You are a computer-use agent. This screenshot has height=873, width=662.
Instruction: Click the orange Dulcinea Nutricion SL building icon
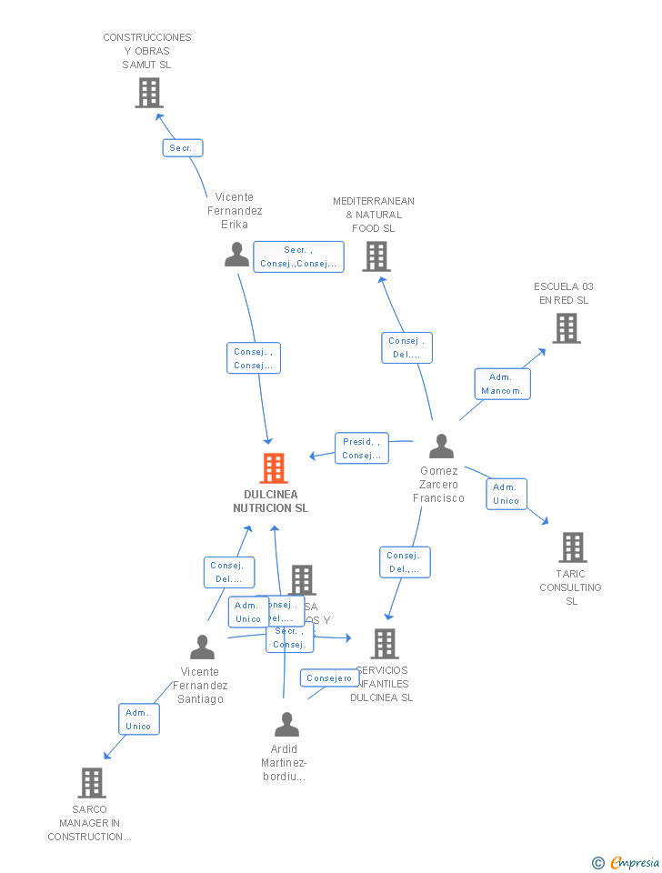pos(273,468)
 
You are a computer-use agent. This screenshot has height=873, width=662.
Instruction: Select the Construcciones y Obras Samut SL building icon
pos(149,93)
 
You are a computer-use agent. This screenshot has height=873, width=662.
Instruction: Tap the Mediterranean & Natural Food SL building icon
pos(376,256)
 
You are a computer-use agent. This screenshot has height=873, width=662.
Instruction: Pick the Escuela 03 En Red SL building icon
pos(566,328)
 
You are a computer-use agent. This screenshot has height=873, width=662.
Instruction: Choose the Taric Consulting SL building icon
pos(572,547)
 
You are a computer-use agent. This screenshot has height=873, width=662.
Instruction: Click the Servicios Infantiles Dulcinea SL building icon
pos(384,644)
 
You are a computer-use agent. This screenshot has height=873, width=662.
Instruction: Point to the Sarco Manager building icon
pos(91,783)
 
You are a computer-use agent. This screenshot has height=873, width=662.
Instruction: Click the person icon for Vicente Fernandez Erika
pos(236,255)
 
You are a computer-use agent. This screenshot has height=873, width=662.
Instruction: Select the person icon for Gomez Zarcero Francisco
pos(441,447)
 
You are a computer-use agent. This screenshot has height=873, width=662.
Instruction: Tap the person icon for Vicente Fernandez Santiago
pos(202,647)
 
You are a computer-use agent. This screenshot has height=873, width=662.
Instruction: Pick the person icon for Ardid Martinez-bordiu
pos(286,725)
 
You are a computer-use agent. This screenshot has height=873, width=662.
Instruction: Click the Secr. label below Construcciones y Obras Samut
pos(183,147)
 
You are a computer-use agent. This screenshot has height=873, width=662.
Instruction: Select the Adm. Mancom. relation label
pos(502,384)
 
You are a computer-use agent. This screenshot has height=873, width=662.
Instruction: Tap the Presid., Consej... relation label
pos(361,448)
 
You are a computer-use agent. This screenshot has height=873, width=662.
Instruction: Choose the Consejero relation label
pos(329,678)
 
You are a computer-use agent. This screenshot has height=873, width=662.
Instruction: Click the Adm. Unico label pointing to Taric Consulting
pos(506,494)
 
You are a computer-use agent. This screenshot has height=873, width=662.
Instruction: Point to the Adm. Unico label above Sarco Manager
pos(138,719)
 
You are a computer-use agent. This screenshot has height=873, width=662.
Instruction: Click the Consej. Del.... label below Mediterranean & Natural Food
pos(406,348)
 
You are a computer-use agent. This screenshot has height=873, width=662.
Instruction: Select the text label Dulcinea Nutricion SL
pos(270,501)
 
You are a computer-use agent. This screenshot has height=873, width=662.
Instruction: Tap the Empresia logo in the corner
pos(627,862)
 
